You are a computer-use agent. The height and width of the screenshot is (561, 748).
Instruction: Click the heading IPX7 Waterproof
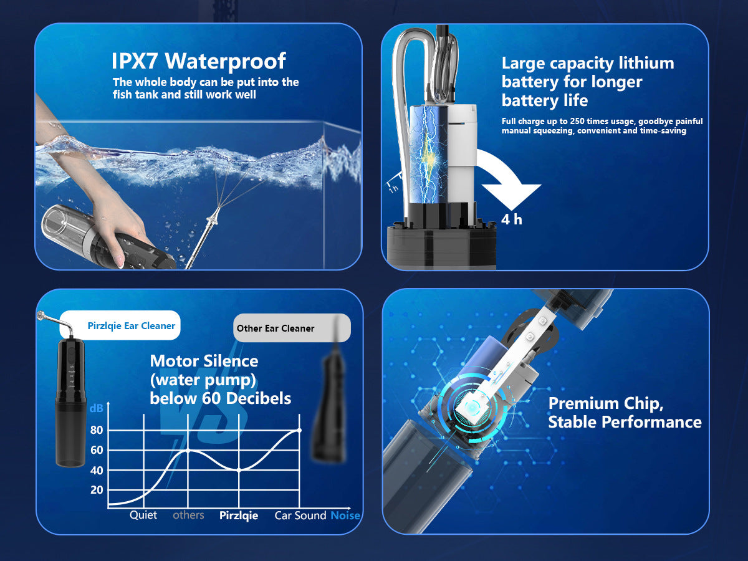pos(199,61)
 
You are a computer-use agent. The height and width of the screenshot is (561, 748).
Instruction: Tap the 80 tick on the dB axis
pos(97,430)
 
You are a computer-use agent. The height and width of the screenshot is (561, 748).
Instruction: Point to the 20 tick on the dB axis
pos(97,490)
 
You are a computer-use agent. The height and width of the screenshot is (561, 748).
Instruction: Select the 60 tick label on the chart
pos(97,450)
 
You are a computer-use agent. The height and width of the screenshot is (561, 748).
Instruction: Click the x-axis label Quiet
pos(143,515)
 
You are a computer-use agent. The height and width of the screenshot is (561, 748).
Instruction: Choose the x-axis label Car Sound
pos(300,515)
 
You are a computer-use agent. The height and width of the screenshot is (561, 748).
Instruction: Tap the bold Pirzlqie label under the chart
pos(239,515)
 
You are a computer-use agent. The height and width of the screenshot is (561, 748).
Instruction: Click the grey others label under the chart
pos(188,515)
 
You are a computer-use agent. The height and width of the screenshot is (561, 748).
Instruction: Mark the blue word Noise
pos(345,515)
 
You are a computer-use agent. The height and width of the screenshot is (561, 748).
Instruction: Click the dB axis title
pos(96,408)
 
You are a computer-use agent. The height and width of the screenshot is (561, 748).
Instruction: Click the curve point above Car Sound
pos(300,430)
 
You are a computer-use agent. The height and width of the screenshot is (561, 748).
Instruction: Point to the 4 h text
pos(512,219)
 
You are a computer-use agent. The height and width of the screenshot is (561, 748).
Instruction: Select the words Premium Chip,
pos(606,404)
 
